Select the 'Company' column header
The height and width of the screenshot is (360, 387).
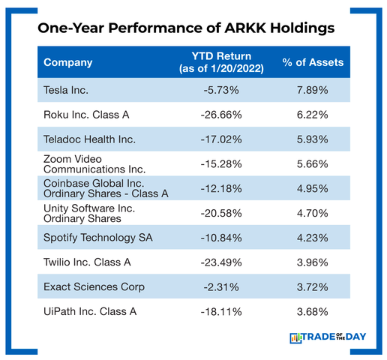pos(68,62)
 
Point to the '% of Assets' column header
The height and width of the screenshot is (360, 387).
pos(313,62)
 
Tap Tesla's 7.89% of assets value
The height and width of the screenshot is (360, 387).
pos(313,90)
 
